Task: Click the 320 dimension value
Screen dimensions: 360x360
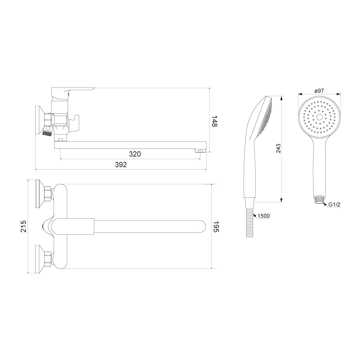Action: [135, 154]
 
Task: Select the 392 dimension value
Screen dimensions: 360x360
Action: [121, 165]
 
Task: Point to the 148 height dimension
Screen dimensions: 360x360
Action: [214, 121]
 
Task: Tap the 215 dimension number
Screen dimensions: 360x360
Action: [24, 226]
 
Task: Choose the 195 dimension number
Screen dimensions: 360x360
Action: [216, 226]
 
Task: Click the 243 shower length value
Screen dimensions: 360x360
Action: [278, 149]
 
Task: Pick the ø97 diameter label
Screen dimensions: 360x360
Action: [319, 91]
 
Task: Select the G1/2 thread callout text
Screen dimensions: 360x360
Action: [334, 204]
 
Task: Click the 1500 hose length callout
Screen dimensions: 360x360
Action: [264, 216]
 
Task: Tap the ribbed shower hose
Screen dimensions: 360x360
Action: [249, 223]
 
